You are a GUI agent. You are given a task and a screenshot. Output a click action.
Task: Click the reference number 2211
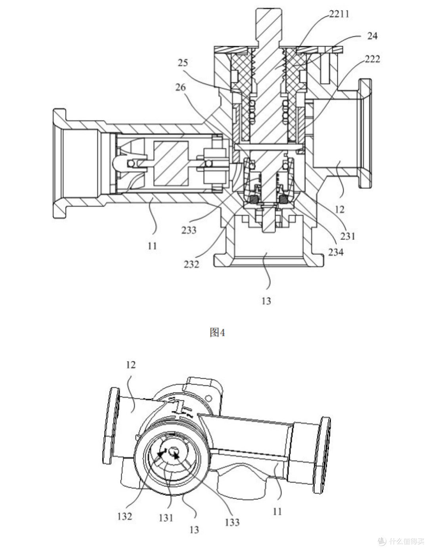pos(339,14)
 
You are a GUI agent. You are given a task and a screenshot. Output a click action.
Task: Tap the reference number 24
pos(372,36)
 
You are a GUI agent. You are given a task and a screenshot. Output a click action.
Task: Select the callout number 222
pos(372,59)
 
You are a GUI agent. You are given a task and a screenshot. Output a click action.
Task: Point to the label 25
pos(183,63)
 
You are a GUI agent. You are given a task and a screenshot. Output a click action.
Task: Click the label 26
pos(180,87)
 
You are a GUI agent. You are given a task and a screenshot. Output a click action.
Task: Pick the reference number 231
pos(348,236)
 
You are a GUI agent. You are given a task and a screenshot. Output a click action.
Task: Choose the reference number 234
pos(336,252)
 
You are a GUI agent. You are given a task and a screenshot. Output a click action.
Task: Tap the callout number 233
pos(189,230)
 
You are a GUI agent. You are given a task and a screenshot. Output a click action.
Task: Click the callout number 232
pos(191,264)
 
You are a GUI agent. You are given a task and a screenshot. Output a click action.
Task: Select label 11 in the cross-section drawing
pos(152,246)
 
